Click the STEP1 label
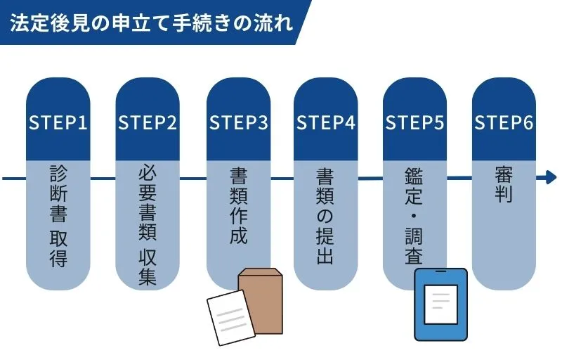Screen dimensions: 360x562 coord(58,122)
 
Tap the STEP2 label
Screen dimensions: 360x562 coord(148,122)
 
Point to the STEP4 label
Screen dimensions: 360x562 coord(326,122)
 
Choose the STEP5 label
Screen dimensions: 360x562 coord(415,122)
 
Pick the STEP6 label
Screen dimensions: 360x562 coord(504,122)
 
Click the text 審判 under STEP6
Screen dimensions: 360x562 coord(504,184)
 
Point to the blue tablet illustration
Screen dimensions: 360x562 coord(440,305)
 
